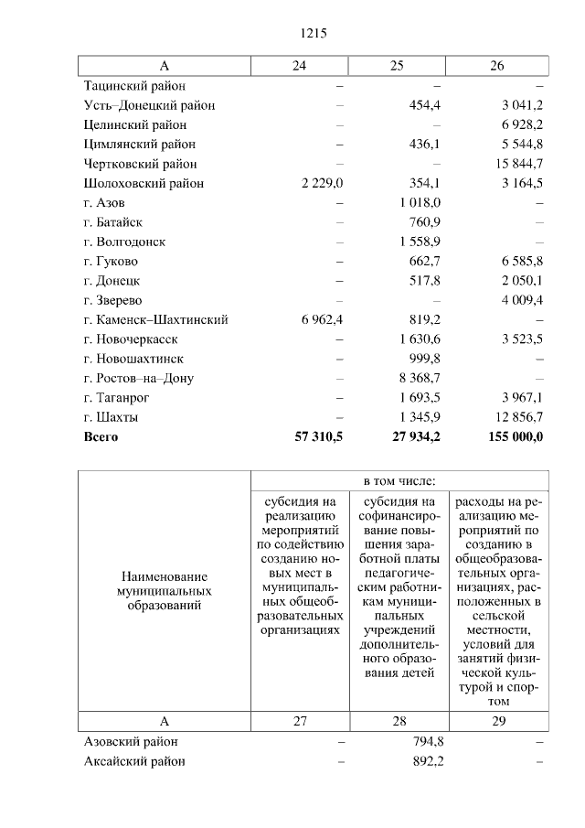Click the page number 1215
[x=314, y=34]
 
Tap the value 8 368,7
[x=420, y=378]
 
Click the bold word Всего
[x=101, y=436]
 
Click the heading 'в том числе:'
[x=399, y=480]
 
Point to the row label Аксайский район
[x=133, y=761]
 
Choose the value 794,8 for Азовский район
[x=427, y=741]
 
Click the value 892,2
[x=427, y=761]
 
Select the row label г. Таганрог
[x=116, y=397]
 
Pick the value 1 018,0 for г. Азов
[x=420, y=202]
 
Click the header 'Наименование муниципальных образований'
[x=164, y=591]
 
